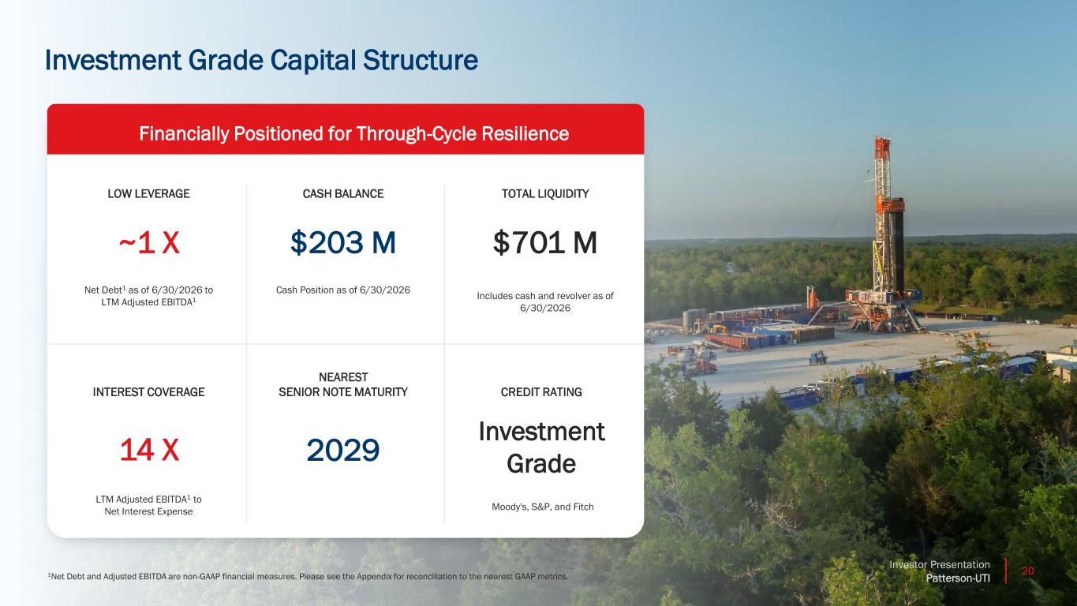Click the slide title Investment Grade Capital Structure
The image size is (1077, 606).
pos(262,61)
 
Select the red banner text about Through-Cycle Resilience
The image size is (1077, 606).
pos(353,133)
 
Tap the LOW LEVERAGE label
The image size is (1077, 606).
pos(148,194)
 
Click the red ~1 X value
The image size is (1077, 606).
pos(149,242)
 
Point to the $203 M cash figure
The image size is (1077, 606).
pos(342,242)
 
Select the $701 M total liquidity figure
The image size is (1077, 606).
pos(544,242)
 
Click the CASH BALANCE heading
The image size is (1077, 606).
pos(342,194)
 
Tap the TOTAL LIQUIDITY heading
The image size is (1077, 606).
pos(545,194)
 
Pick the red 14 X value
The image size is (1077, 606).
pos(149,451)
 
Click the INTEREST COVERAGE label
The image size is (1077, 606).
pos(148,392)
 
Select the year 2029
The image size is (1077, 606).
pos(342,451)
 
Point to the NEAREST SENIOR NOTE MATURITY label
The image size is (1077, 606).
pos(342,384)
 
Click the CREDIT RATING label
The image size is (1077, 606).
pos(541,392)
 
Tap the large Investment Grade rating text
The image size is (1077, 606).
pos(541,447)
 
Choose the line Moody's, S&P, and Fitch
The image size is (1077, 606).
pos(542,507)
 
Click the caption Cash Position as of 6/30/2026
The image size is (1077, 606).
pos(342,290)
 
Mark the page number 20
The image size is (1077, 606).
pos(1027,571)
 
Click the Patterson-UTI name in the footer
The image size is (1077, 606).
pos(958,578)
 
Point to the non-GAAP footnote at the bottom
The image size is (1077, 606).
pos(308,576)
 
